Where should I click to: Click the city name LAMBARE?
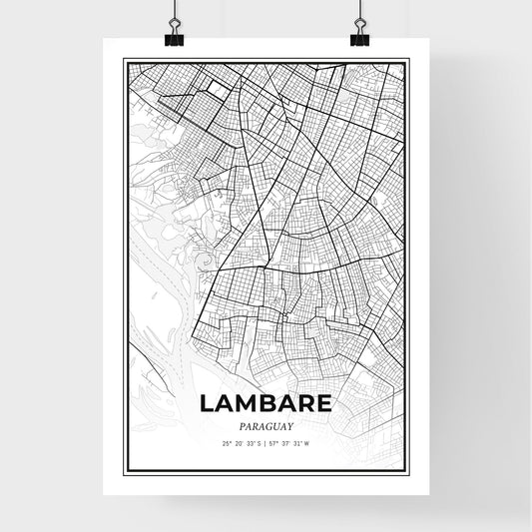click(266, 403)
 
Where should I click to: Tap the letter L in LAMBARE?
click(207, 403)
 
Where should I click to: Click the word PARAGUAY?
click(266, 423)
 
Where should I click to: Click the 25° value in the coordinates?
click(228, 442)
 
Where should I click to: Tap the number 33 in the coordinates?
click(250, 442)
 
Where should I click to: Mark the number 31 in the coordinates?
click(297, 442)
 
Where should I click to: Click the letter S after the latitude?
click(259, 442)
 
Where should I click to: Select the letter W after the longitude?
click(307, 442)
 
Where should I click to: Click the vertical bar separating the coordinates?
click(266, 442)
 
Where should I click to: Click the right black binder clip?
click(358, 38)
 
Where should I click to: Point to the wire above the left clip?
click(176, 12)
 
